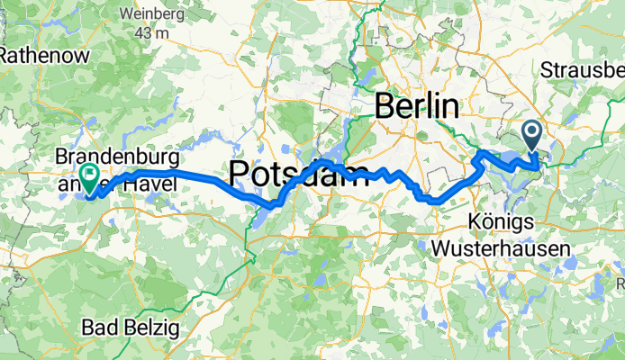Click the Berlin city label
pos(415,106)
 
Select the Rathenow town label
pos(42,55)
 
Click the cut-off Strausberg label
pos(584,70)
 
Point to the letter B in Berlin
pos(383,106)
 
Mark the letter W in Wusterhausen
pos(441,247)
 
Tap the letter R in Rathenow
pos(6,55)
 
